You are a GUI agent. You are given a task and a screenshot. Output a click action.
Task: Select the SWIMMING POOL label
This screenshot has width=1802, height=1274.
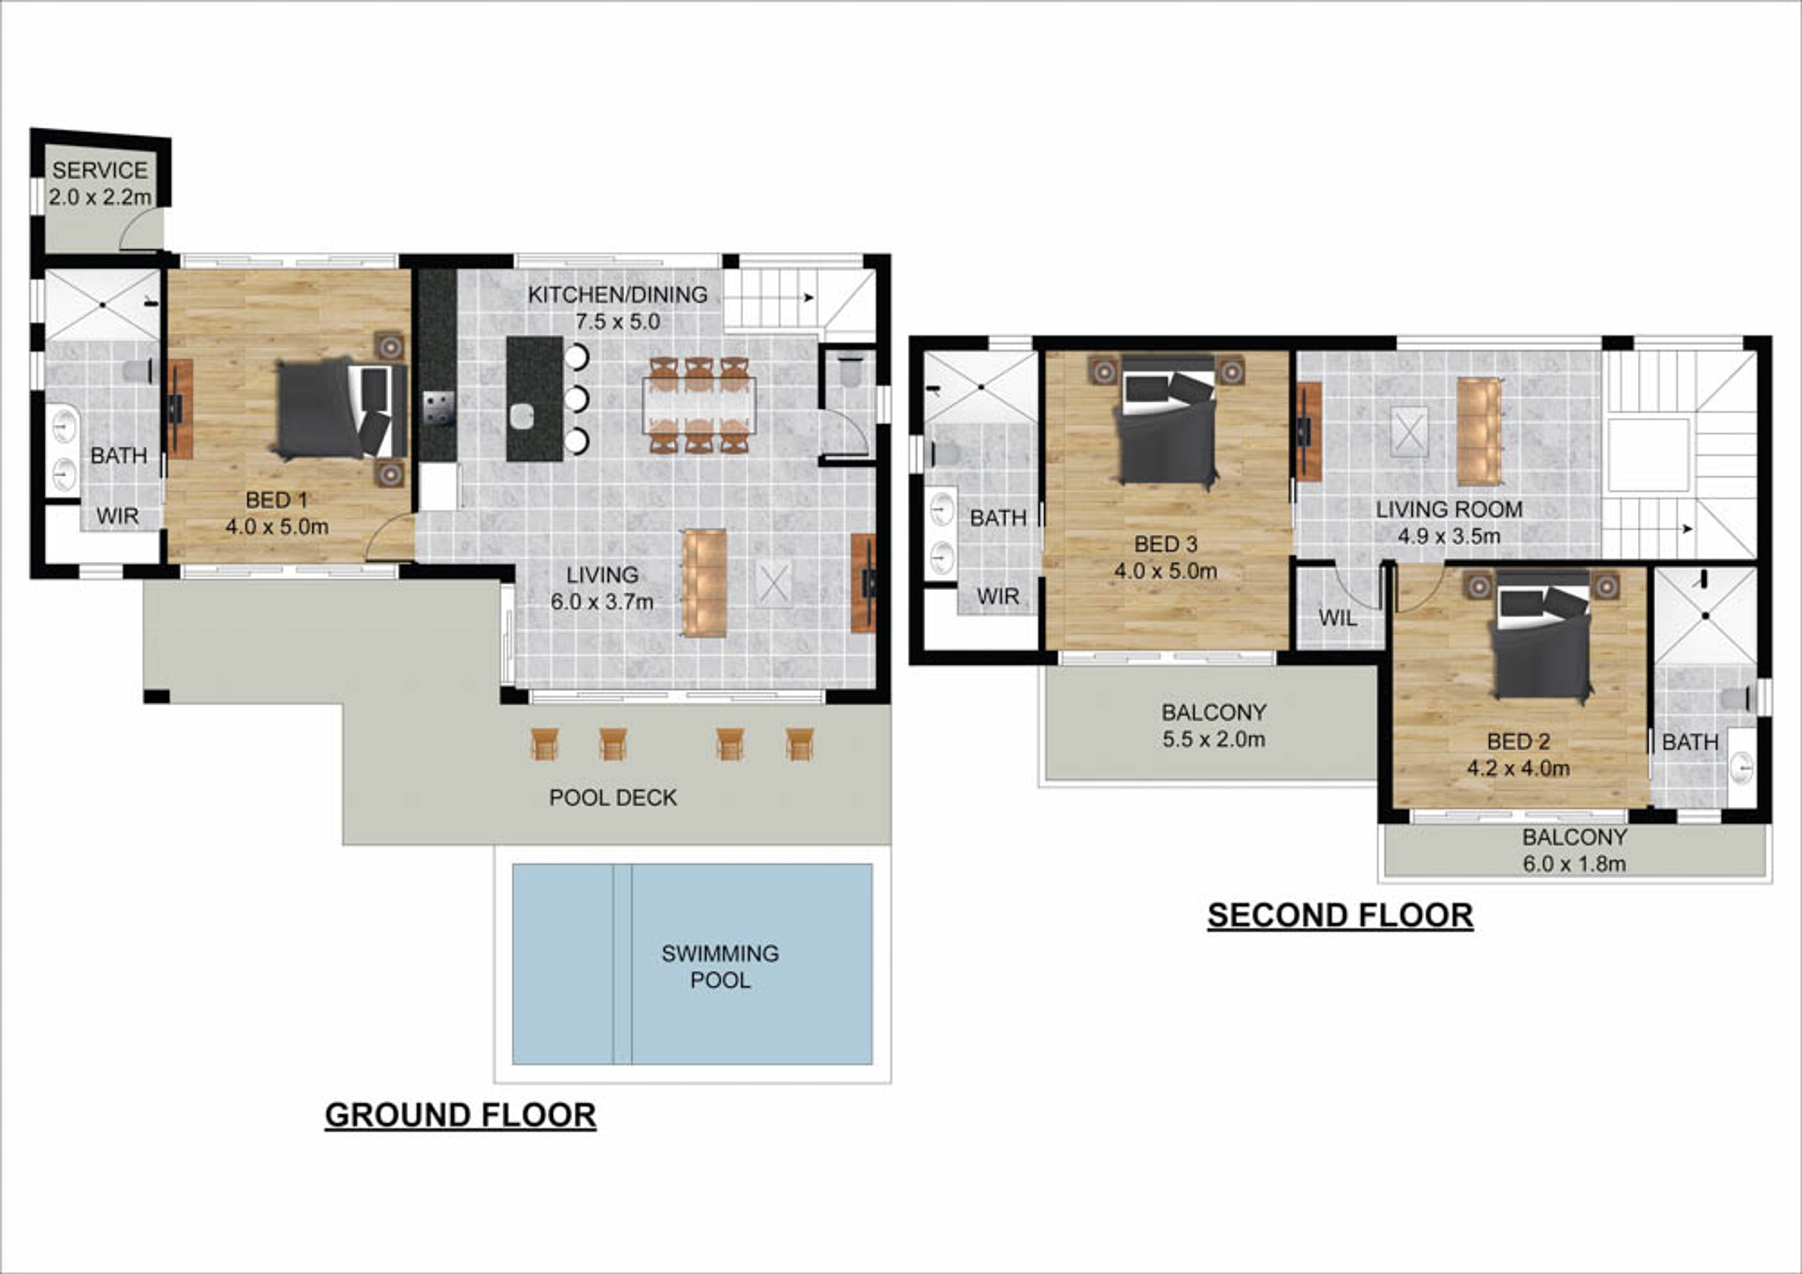click(720, 966)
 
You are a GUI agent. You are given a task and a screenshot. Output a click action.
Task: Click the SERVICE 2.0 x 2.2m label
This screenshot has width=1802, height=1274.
click(99, 183)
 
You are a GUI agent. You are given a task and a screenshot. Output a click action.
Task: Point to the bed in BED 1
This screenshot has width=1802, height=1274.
click(342, 408)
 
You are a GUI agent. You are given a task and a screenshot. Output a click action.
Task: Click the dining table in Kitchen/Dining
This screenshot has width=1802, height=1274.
click(699, 405)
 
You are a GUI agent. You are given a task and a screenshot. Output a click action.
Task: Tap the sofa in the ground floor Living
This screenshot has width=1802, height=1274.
click(705, 582)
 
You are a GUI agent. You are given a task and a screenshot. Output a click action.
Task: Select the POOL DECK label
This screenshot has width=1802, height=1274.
click(613, 798)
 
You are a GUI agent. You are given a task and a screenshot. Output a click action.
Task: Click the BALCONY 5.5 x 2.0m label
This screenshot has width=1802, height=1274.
click(1214, 725)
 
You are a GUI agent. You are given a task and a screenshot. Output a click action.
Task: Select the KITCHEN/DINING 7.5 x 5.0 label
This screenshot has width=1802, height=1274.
click(618, 308)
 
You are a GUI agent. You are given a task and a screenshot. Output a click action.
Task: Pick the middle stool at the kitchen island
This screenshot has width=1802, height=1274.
click(576, 399)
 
